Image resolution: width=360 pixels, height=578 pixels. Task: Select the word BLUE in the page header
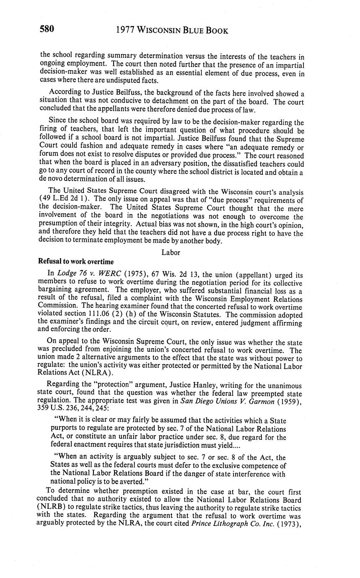[192, 31]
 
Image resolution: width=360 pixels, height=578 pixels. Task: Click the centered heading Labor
[171, 252]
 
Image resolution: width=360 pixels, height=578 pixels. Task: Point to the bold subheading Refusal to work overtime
[76, 262]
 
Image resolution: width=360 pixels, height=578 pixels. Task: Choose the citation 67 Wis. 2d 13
[166, 275]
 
